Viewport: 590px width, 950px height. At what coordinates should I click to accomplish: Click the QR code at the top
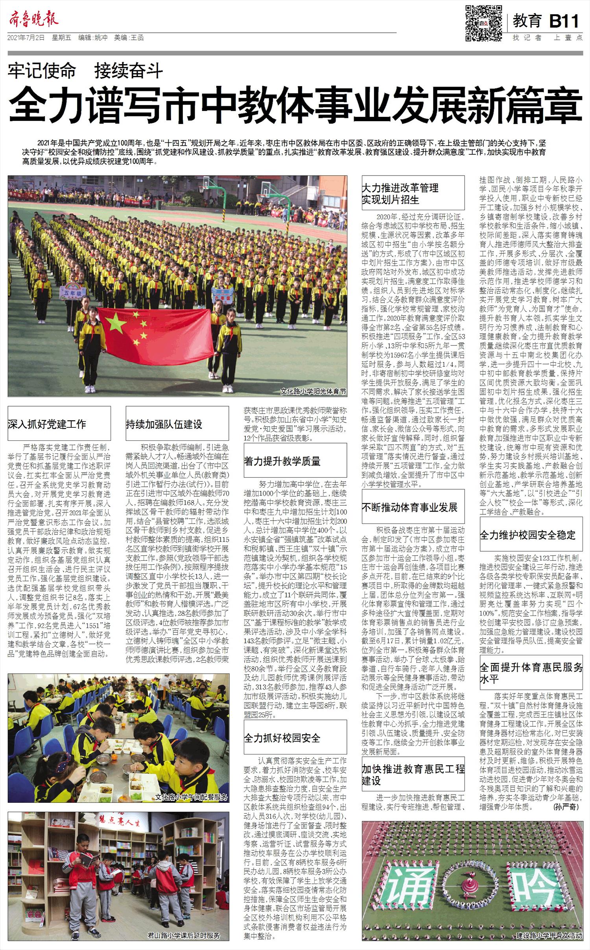pyautogui.click(x=483, y=23)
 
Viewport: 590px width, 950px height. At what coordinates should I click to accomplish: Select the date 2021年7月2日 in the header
pyautogui.click(x=26, y=38)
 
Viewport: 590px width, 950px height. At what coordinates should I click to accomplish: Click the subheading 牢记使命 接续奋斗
pyautogui.click(x=85, y=71)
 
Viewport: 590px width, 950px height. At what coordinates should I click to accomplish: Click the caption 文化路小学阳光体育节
pyautogui.click(x=313, y=392)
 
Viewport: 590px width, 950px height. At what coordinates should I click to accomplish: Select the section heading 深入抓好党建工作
pyautogui.click(x=47, y=424)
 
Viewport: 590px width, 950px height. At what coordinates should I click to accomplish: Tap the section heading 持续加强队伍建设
pyautogui.click(x=164, y=424)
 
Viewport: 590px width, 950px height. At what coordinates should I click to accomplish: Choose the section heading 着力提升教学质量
pyautogui.click(x=282, y=461)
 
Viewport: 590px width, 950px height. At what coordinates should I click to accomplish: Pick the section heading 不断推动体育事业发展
pyautogui.click(x=409, y=507)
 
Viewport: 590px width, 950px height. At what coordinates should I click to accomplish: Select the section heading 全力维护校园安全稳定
pyautogui.click(x=527, y=535)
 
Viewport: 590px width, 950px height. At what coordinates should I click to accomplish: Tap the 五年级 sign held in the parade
pyautogui.click(x=68, y=292)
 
